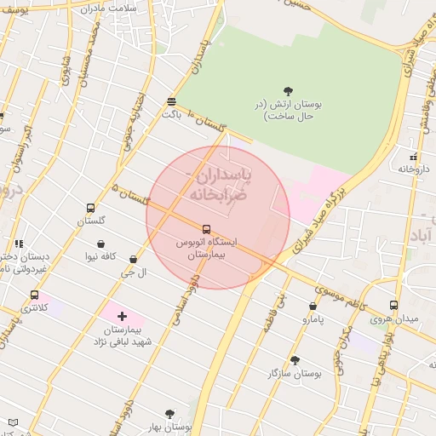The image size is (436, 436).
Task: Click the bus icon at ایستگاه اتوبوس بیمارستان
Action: click(x=206, y=229)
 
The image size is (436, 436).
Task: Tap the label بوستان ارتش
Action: click(x=290, y=109)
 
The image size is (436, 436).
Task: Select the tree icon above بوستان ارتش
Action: click(x=288, y=91)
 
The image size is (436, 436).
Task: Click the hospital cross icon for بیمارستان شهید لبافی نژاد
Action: click(x=122, y=316)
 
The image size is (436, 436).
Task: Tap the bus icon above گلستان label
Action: click(x=91, y=208)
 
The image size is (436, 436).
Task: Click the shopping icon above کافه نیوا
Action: click(x=100, y=243)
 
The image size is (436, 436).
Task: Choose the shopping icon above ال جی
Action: click(x=133, y=259)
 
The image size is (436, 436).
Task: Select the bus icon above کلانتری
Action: click(x=34, y=295)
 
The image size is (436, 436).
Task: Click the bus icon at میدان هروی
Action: click(x=393, y=305)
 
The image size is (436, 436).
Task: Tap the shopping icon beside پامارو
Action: click(x=313, y=306)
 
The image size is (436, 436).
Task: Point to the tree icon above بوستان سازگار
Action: click(x=295, y=360)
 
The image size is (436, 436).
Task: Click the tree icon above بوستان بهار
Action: click(x=169, y=414)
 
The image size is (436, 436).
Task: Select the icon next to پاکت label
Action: click(x=172, y=101)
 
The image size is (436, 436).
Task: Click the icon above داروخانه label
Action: click(x=414, y=157)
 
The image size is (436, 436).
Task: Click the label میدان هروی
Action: click(x=393, y=318)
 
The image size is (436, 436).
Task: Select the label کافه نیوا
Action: click(x=100, y=255)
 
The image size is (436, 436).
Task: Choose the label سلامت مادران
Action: click(x=128, y=7)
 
